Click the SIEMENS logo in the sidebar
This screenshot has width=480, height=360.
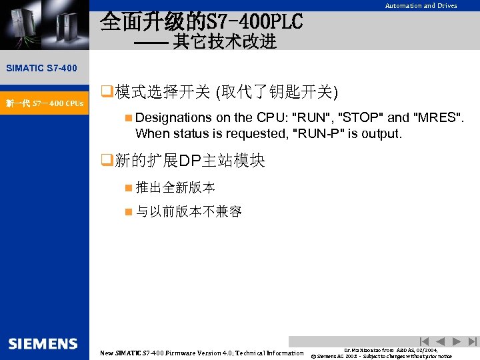tap(43, 344)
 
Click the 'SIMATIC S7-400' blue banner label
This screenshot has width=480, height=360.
tap(41, 68)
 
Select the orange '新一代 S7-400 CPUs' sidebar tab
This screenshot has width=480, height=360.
tap(45, 103)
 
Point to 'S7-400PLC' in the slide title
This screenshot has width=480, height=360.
tap(256, 21)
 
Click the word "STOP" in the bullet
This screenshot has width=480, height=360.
tap(363, 117)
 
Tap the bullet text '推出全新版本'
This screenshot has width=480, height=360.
tap(175, 188)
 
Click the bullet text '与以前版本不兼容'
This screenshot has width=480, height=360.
tap(189, 212)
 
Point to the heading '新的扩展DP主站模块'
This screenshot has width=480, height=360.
tap(190, 161)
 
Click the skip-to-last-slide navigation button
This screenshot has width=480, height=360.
tap(473, 341)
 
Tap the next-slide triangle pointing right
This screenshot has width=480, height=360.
tap(457, 341)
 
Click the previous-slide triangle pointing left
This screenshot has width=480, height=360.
tap(441, 341)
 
